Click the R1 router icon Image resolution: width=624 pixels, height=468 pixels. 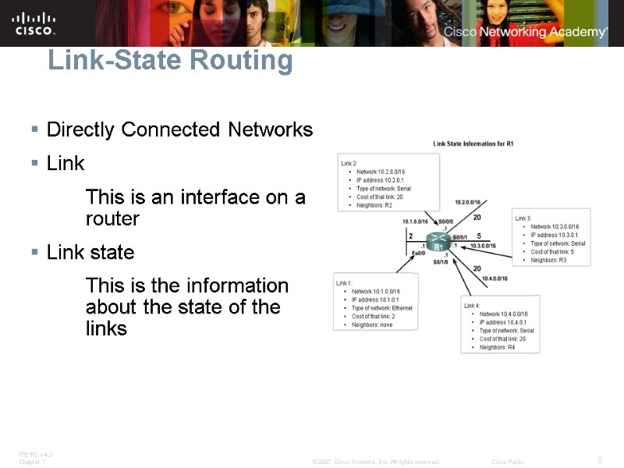[x=438, y=245]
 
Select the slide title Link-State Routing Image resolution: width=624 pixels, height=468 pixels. [x=170, y=60]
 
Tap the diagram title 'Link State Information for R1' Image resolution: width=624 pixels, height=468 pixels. [x=473, y=144]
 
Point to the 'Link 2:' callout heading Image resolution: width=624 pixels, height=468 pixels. [x=349, y=163]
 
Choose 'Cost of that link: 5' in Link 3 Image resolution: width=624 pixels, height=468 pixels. [x=554, y=252]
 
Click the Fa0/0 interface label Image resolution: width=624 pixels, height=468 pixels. [x=419, y=253]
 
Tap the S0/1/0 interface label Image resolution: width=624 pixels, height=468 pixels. [x=442, y=262]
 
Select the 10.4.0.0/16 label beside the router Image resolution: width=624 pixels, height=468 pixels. [x=495, y=278]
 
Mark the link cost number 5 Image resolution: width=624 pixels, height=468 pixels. [x=478, y=236]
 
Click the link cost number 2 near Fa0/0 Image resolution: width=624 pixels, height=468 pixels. [x=410, y=236]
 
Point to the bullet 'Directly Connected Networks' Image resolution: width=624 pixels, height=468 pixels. [x=179, y=129]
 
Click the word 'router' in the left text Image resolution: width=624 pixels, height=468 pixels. [x=112, y=219]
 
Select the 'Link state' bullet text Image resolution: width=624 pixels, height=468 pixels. [x=90, y=253]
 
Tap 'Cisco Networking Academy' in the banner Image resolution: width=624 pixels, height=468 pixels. [x=525, y=32]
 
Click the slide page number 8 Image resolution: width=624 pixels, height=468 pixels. [x=599, y=459]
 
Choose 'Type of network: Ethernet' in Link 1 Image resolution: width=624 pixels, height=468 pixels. [x=381, y=308]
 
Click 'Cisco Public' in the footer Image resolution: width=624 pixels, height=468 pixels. [x=508, y=462]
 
